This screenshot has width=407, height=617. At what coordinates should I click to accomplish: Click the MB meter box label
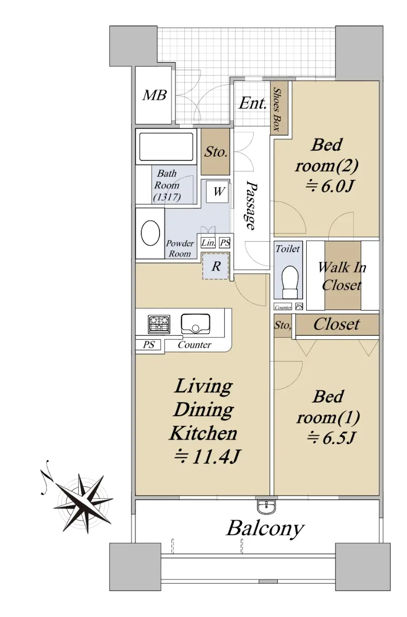click(x=154, y=95)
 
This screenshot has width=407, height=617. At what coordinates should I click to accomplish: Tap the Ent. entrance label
click(x=253, y=103)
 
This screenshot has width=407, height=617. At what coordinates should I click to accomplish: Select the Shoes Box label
click(x=277, y=110)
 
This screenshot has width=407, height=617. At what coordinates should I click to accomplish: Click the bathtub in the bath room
click(x=166, y=147)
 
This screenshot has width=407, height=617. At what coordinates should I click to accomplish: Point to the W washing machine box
click(x=218, y=192)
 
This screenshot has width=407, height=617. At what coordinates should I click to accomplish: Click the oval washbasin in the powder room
click(x=150, y=233)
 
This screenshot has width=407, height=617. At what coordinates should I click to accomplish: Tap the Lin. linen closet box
click(x=208, y=243)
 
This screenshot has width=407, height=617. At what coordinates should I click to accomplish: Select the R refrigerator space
click(x=216, y=266)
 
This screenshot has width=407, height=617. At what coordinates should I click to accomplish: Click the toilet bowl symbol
click(x=290, y=281)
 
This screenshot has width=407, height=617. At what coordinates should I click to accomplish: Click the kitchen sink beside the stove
click(x=196, y=323)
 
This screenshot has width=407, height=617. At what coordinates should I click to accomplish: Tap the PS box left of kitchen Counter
click(x=149, y=344)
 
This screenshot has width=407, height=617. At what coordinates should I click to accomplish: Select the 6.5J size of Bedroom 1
click(x=330, y=438)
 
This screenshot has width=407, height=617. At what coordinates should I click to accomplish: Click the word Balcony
click(x=265, y=529)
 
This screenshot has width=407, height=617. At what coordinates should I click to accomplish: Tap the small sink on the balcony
click(x=267, y=506)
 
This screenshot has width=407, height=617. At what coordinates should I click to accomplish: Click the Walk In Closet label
click(x=342, y=276)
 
